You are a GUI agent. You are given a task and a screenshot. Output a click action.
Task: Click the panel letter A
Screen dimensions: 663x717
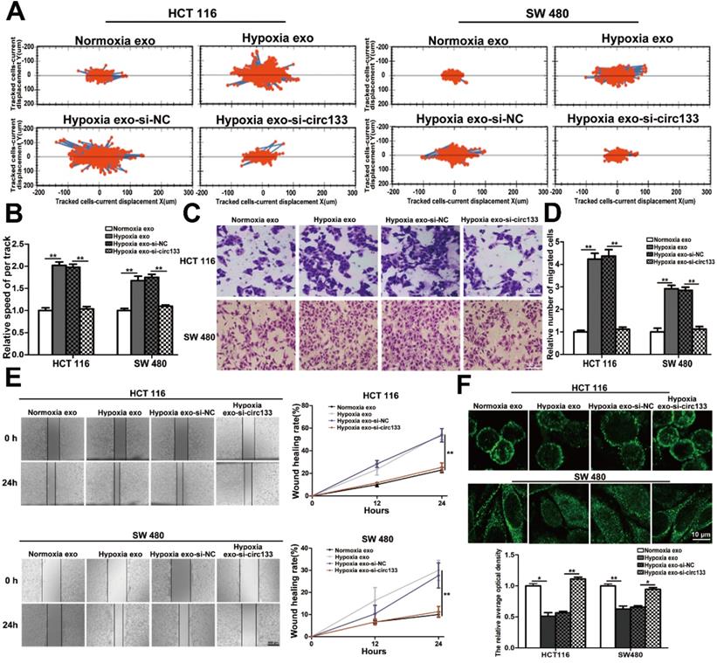[x=16, y=11]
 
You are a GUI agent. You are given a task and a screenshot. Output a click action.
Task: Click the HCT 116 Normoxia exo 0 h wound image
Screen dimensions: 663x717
[x=54, y=436]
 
